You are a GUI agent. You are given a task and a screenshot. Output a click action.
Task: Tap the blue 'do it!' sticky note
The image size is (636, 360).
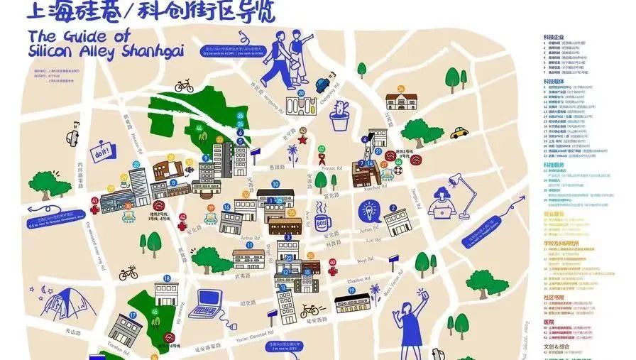pyautogui.click(x=101, y=151)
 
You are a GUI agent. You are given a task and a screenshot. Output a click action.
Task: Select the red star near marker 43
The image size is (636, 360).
pyautogui.click(x=302, y=140)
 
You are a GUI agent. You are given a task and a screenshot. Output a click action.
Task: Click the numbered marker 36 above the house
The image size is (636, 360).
pyautogui.click(x=401, y=89)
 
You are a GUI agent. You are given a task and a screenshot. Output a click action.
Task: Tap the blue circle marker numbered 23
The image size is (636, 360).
pyautogui.click(x=135, y=165)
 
